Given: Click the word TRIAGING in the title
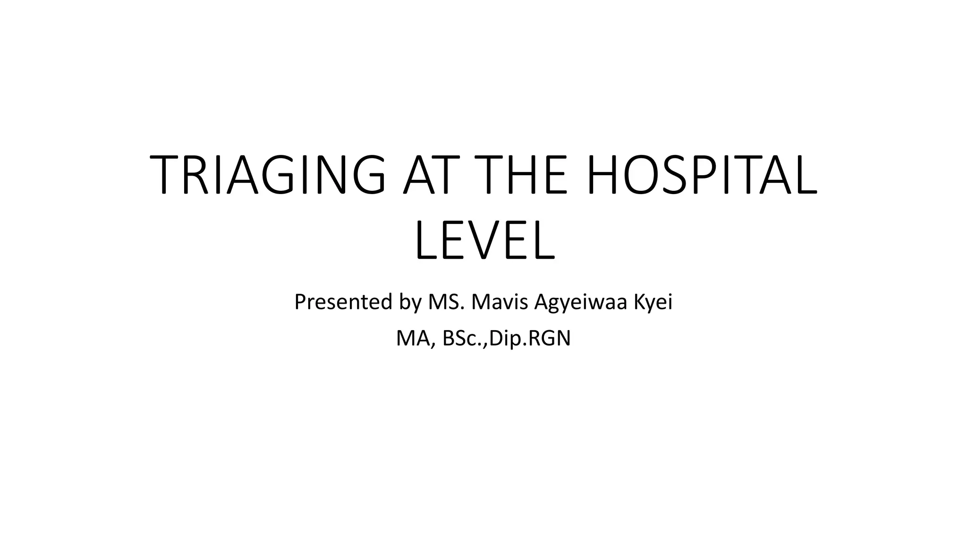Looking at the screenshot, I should coord(267,175).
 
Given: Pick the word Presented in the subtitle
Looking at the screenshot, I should coord(343,302).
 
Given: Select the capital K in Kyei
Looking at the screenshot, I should coord(637,302).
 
